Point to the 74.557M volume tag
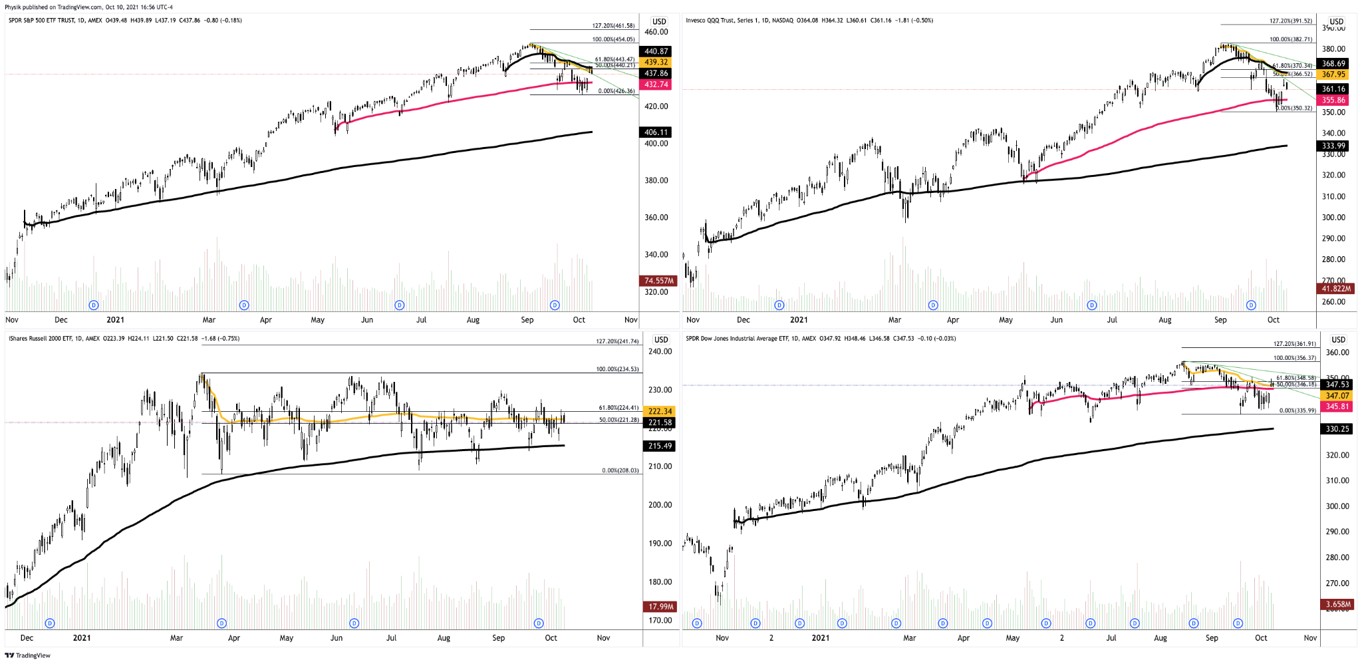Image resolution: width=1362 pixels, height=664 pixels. click(658, 281)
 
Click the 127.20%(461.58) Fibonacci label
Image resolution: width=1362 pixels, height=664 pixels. click(613, 26)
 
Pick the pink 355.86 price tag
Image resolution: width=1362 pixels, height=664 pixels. click(1333, 100)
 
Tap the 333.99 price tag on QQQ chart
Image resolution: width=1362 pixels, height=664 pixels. click(1333, 146)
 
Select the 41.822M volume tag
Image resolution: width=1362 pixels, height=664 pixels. click(1335, 289)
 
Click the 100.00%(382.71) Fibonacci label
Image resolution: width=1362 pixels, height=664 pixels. click(1290, 39)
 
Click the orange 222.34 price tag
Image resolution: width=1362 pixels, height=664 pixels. click(660, 411)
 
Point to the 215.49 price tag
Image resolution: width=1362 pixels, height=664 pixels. click(660, 446)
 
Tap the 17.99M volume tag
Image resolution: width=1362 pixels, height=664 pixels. click(660, 607)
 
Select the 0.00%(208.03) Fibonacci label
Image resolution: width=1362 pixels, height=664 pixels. click(620, 470)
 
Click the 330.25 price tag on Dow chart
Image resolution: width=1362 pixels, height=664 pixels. click(1337, 429)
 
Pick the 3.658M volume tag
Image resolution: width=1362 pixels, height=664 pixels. click(1337, 605)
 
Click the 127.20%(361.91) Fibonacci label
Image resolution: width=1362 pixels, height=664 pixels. click(1294, 344)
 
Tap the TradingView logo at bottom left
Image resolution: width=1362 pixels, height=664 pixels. click(28, 655)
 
